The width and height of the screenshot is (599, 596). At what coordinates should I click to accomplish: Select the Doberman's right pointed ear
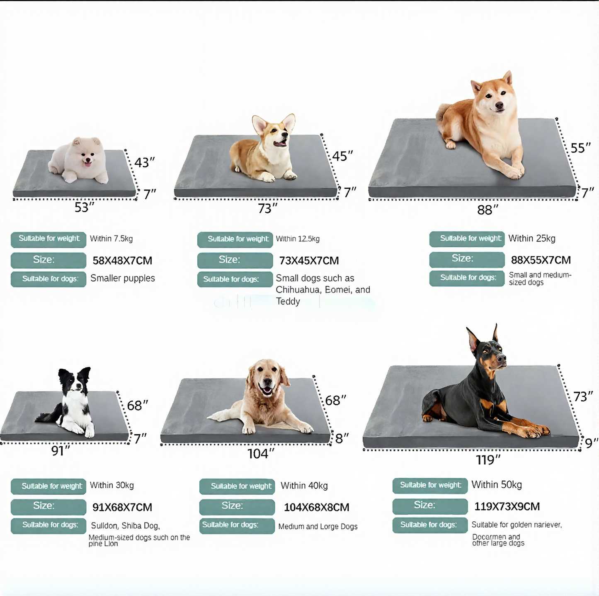(x=495, y=333)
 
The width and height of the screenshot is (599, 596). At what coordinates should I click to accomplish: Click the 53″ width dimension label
(x=84, y=207)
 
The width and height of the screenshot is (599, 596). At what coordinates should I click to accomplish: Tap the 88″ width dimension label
(x=487, y=210)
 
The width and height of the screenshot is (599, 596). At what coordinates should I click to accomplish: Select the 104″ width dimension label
(x=261, y=454)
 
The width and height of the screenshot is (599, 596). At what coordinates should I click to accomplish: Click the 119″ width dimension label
(x=488, y=460)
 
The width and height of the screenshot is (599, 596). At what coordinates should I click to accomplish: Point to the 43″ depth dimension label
(x=145, y=162)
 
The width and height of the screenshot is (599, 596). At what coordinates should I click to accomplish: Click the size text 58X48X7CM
(x=122, y=260)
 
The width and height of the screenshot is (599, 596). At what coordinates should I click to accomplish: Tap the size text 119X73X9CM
(x=507, y=506)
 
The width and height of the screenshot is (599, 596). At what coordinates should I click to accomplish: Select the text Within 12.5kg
(x=298, y=239)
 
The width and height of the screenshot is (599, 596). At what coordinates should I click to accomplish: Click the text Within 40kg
(x=304, y=486)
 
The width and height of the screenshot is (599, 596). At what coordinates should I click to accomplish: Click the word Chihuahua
(x=298, y=290)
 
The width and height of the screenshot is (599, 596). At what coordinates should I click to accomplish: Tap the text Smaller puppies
(x=123, y=278)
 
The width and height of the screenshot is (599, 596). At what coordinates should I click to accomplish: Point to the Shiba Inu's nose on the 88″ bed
(x=499, y=106)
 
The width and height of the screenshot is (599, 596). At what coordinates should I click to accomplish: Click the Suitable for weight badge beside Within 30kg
(x=49, y=486)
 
